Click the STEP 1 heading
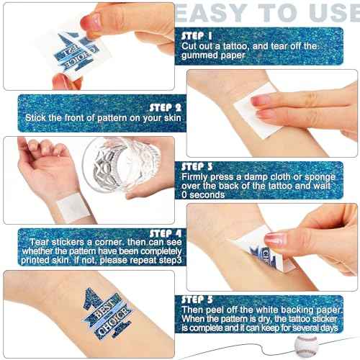click(x=197, y=34)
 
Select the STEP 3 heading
click(x=198, y=164)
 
